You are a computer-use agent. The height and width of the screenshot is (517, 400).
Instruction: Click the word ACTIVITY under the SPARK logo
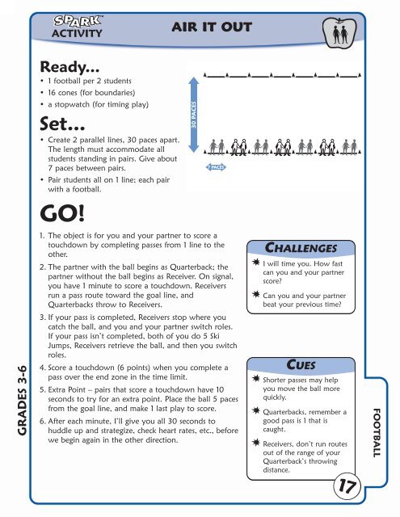click(78, 33)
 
